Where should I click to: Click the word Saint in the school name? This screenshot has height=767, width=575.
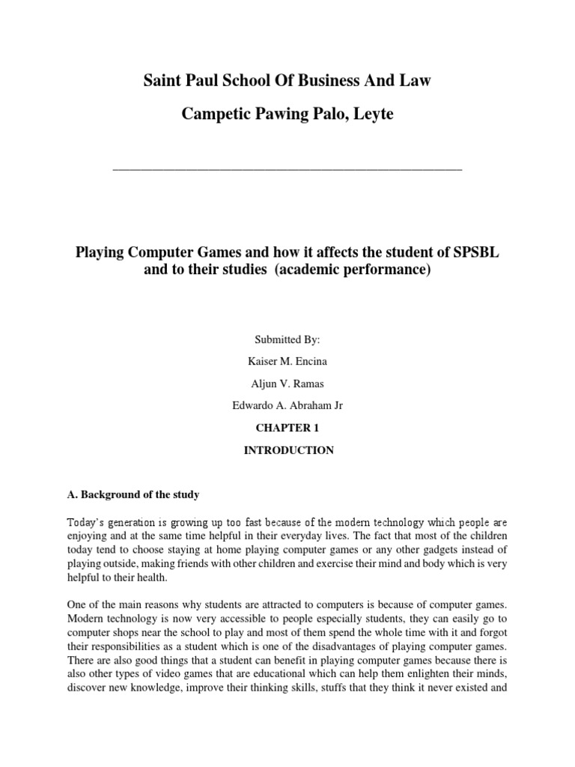coord(163,80)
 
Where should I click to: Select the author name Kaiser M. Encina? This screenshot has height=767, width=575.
coord(287,362)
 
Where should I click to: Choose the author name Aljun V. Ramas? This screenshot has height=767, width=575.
coord(287,383)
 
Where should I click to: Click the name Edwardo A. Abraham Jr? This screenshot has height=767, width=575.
coord(287,406)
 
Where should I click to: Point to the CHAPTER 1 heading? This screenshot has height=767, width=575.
coord(287,428)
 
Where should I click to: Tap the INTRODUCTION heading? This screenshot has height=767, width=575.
coord(287,450)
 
